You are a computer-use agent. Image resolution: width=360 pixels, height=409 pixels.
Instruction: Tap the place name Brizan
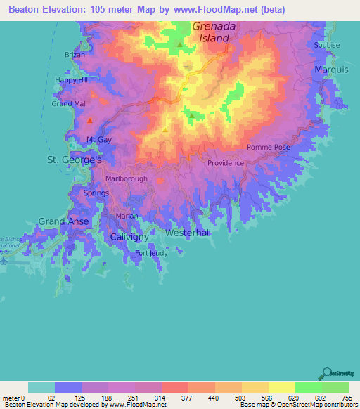75,55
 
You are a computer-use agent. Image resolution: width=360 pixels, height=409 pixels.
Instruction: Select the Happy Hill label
71,80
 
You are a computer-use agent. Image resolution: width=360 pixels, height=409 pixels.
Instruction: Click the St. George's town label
75,160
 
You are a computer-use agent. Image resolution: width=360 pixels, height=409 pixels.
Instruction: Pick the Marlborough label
127,179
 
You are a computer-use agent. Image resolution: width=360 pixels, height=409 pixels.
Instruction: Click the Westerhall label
188,233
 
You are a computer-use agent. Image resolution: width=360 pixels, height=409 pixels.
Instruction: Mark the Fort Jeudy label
151,253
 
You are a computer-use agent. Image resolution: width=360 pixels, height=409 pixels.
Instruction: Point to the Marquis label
331,70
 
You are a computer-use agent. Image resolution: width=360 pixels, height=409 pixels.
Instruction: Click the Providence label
225,163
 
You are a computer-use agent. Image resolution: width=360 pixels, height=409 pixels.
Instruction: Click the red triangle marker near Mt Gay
89,121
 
